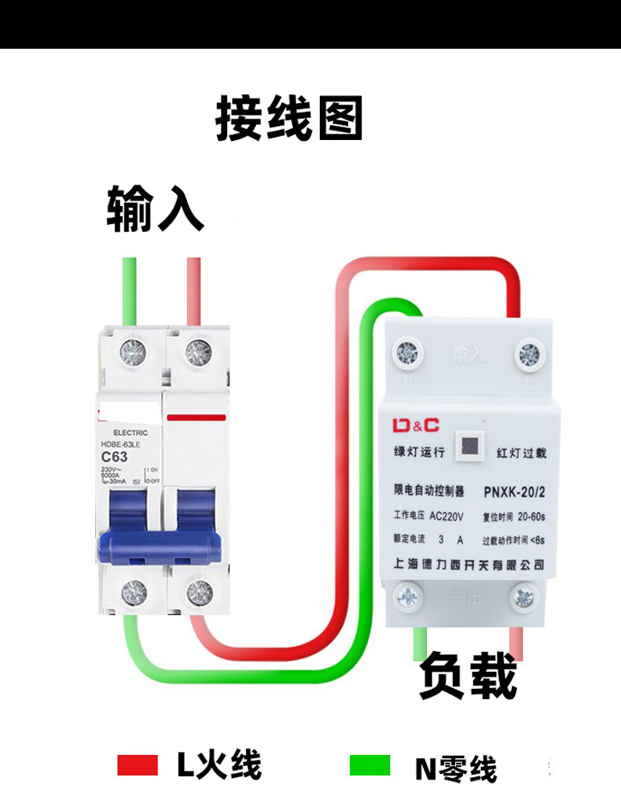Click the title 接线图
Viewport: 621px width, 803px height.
(x=289, y=119)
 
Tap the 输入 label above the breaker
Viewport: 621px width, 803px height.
(x=156, y=208)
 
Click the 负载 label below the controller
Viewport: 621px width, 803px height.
(x=468, y=676)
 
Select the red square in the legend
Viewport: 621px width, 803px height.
(x=138, y=764)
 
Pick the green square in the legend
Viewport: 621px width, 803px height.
(x=369, y=764)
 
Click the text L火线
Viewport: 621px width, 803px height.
(x=219, y=764)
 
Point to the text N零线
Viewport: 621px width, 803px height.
(x=456, y=767)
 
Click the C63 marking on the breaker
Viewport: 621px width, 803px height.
(x=115, y=456)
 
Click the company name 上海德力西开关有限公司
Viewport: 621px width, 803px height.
(x=469, y=564)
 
